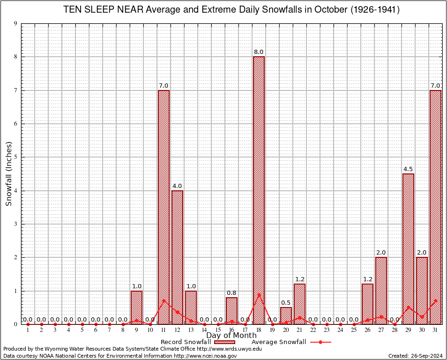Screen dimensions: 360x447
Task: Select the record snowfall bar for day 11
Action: point(164,207)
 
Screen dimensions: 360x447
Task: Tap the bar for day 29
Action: point(408,248)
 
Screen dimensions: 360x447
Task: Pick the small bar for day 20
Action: point(286,315)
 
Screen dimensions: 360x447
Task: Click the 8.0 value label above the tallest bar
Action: point(259,52)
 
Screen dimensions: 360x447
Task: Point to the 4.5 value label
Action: point(408,169)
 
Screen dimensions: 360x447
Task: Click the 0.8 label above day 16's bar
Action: point(231,293)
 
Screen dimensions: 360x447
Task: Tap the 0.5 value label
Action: point(286,303)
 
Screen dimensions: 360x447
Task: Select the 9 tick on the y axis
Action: point(15,23)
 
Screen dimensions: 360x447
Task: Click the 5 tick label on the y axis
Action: point(15,157)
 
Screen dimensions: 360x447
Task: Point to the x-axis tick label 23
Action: point(327,330)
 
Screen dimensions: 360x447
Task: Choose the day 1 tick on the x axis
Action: point(28,330)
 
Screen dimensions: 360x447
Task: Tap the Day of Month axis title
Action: point(231,335)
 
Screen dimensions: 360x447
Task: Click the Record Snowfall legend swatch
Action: point(224,342)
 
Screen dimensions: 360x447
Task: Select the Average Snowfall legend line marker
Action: point(320,342)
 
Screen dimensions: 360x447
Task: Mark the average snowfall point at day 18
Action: point(259,295)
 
